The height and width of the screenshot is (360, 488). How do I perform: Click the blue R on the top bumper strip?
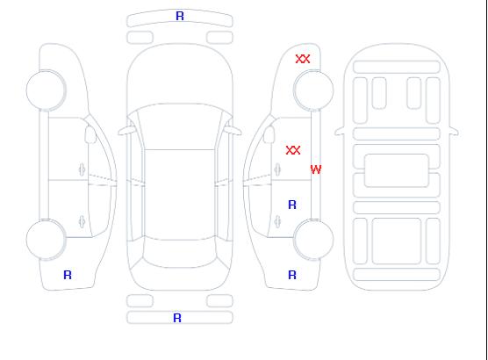180,16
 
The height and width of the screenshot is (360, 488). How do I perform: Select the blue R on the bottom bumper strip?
177,318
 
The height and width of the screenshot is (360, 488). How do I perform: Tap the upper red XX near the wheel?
303,59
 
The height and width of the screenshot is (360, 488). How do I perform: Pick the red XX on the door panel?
293,150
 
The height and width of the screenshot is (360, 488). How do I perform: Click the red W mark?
316,169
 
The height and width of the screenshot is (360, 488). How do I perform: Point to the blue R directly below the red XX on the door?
292,205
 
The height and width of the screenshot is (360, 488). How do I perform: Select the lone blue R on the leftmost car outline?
68,275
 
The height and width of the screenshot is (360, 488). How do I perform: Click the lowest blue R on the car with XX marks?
292,275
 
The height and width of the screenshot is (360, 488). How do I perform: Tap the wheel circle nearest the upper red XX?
313,90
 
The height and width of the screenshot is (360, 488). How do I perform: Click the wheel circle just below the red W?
313,239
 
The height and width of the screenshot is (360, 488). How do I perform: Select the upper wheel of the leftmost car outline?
46,90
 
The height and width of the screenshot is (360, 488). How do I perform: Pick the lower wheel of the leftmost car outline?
46,239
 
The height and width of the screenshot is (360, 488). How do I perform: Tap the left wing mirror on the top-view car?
126,131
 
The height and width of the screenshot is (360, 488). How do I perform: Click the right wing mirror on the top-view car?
233,131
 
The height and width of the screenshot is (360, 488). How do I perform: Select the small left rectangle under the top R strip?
140,38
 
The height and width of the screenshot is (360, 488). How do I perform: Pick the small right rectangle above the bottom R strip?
219,301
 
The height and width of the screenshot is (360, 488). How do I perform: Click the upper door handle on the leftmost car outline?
82,169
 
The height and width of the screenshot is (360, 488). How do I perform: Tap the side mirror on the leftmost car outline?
90,134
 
